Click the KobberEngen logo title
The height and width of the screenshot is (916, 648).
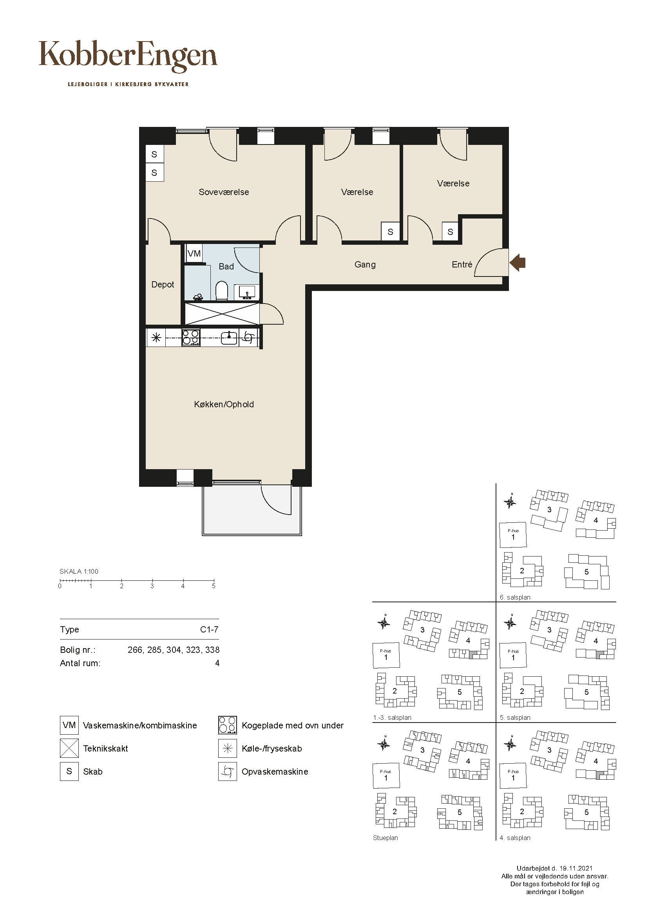128,56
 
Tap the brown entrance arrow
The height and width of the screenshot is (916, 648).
518,262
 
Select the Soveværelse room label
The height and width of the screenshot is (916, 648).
223,192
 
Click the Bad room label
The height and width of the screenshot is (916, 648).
226,267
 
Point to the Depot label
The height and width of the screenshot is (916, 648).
163,285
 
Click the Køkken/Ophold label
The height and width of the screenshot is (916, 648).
224,405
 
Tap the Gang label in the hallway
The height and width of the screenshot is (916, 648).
365,264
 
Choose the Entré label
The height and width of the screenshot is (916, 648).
462,264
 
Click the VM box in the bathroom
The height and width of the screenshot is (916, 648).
194,254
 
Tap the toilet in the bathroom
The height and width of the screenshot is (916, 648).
221,291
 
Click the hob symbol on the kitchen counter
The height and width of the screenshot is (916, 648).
191,338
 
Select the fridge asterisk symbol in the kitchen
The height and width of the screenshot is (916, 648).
156,338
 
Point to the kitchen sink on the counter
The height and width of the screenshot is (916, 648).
229,338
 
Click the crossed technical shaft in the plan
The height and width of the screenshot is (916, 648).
222,314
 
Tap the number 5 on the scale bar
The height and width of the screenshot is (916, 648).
214,586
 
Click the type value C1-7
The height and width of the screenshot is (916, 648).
209,630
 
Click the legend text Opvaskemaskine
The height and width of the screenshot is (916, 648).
275,771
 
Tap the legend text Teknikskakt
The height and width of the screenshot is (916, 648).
105,748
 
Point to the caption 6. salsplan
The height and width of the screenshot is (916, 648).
515,597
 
